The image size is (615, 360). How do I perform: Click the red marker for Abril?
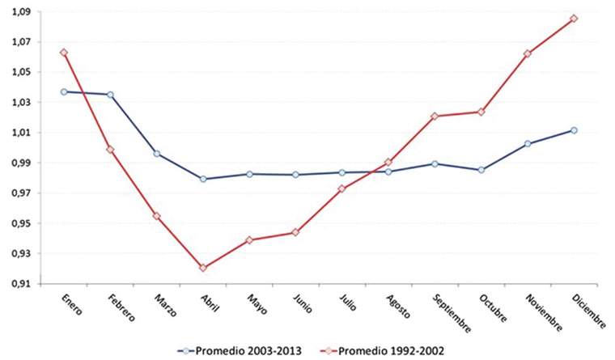(x=202, y=268)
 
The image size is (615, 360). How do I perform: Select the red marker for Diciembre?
(x=575, y=19)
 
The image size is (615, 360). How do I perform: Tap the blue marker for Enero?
(x=63, y=91)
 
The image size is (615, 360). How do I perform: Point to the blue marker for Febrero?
(x=109, y=95)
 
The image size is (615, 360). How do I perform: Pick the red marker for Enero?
(x=63, y=53)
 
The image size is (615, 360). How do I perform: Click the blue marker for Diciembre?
(x=575, y=130)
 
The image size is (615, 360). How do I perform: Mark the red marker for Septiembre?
(x=435, y=116)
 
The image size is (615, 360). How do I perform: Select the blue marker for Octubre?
(x=481, y=170)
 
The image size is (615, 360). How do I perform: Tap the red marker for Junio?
(x=295, y=232)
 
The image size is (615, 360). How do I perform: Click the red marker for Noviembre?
(x=528, y=54)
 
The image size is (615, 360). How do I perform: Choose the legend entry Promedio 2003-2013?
(x=243, y=350)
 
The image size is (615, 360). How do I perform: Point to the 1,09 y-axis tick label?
(x=17, y=11)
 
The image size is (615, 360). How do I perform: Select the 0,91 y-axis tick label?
(x=17, y=284)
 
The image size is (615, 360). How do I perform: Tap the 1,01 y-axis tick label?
(x=17, y=133)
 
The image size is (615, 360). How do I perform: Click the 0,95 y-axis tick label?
(x=17, y=223)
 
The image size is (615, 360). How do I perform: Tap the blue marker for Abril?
(x=202, y=179)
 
